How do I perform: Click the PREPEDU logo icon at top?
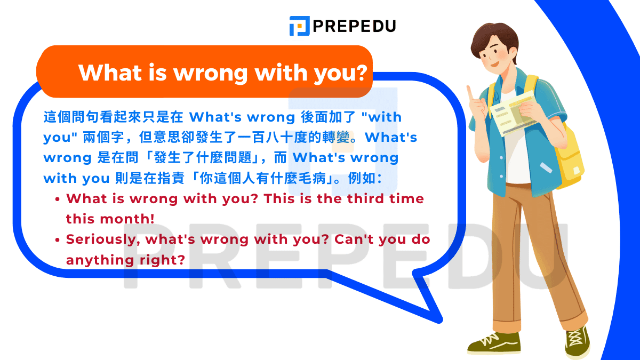[x=299, y=26]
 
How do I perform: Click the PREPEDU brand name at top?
[x=354, y=26]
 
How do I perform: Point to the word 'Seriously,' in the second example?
[x=103, y=239]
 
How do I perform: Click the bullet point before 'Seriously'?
[x=58, y=240]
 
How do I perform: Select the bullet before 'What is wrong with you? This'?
[x=58, y=199]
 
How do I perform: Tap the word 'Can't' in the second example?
[x=354, y=239]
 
